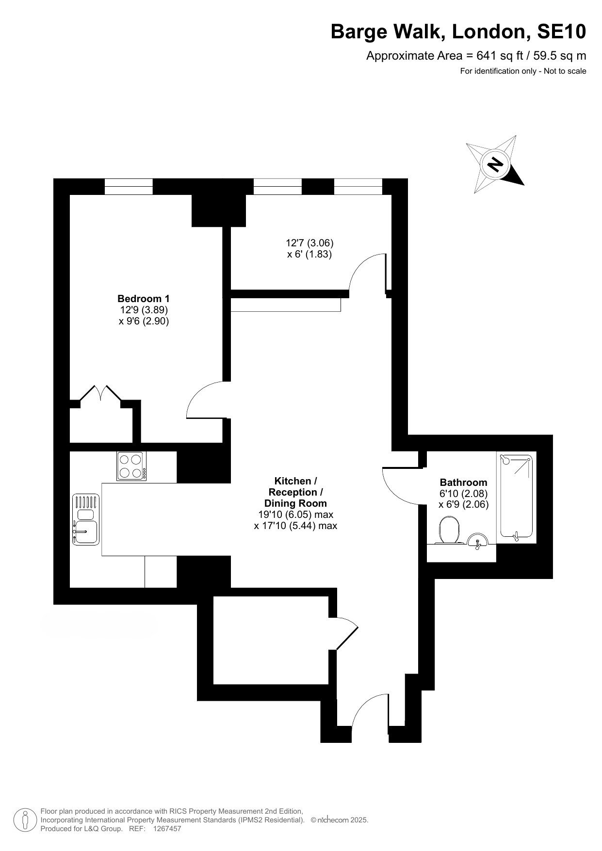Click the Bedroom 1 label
coord(144,298)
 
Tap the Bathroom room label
coord(463,482)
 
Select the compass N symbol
coord(495,164)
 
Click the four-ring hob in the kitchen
coord(131,466)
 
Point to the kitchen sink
coord(86,519)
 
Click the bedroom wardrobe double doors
coord(100,393)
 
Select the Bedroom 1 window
coord(129,187)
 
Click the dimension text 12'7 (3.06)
coord(309,242)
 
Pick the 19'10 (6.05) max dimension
coord(296,514)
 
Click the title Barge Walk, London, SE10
coord(458,32)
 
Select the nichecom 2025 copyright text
coord(340,820)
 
